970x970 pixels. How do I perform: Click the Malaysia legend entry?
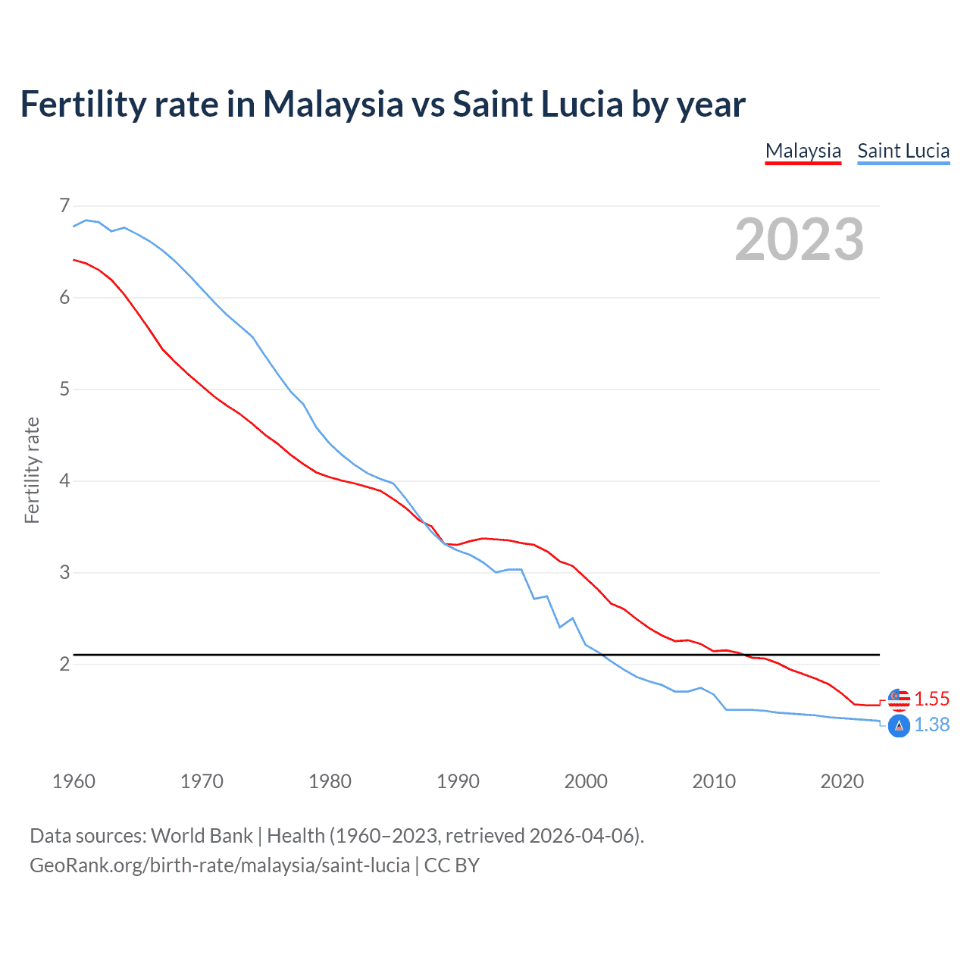(x=803, y=151)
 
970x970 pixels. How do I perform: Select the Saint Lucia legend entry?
(x=903, y=151)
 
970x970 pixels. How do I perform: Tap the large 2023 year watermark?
(x=799, y=239)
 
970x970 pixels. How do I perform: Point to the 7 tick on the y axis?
(x=64, y=205)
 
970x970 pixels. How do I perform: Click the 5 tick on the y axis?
(x=64, y=389)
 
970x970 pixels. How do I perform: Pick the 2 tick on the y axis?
(x=64, y=664)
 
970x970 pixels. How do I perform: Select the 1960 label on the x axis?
(x=74, y=781)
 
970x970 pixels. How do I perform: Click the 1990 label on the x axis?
(x=458, y=781)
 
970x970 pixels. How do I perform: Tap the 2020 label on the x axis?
(x=842, y=781)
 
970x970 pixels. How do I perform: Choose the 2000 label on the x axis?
(x=586, y=781)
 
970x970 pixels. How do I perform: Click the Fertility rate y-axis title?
(x=32, y=470)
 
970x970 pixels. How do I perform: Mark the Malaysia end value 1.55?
(x=931, y=699)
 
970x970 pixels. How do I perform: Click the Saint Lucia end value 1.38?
(x=931, y=725)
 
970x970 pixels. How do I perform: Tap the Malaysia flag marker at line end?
(x=899, y=699)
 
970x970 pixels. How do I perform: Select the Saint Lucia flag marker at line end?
(x=899, y=726)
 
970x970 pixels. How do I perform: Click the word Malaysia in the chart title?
(x=333, y=105)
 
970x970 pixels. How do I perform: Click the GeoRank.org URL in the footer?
(x=220, y=865)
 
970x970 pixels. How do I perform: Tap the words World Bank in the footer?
(x=202, y=836)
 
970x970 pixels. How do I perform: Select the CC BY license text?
(x=452, y=865)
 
